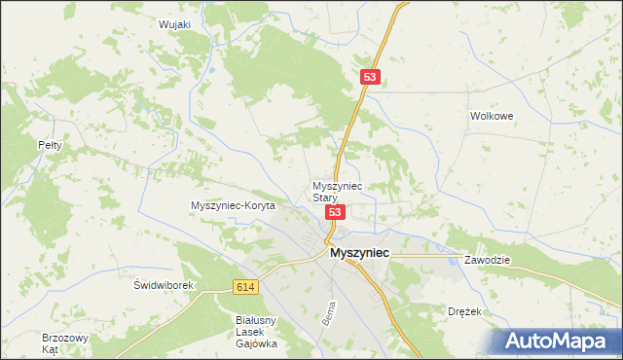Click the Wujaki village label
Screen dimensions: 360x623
(173, 24)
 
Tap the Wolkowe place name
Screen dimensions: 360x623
(491, 115)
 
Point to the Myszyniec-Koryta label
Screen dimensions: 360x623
(234, 205)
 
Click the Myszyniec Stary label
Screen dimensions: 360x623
(337, 191)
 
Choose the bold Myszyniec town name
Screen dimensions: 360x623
(360, 252)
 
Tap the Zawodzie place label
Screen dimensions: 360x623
(488, 261)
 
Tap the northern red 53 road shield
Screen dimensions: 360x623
(369, 76)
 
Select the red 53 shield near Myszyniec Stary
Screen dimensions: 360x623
(335, 212)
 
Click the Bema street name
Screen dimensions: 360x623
(328, 313)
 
